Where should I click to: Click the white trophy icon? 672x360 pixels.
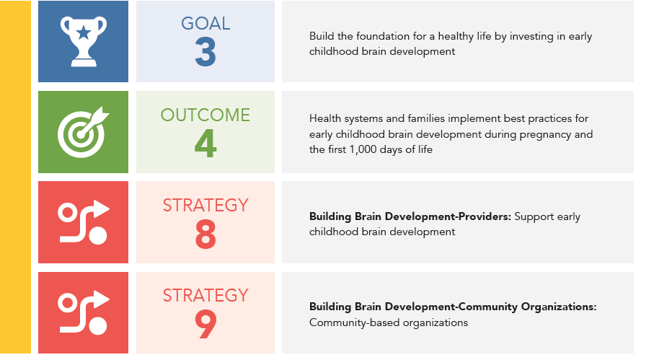(84, 42)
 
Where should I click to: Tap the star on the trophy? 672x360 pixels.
(84, 32)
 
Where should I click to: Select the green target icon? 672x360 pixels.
(83, 132)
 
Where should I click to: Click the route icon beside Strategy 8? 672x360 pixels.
(83, 222)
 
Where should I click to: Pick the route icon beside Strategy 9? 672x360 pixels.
(83, 312)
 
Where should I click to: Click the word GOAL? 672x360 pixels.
(205, 24)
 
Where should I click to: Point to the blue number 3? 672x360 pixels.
(205, 52)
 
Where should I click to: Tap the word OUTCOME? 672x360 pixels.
(205, 115)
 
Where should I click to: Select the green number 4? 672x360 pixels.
(205, 144)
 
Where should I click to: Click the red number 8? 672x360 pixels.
(205, 234)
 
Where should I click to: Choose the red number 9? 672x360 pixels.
(205, 325)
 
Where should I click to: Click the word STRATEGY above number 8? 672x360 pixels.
(205, 206)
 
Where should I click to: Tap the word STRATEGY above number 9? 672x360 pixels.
(205, 295)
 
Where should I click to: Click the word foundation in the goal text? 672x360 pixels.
(382, 36)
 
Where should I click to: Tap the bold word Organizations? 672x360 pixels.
(559, 307)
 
